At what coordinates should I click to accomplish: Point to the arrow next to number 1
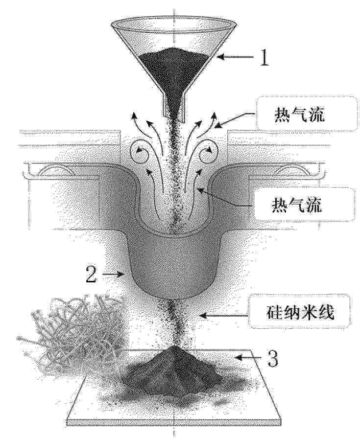[236, 57]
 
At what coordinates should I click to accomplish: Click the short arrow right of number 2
[114, 274]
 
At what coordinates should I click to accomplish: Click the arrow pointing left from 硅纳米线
[224, 315]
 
